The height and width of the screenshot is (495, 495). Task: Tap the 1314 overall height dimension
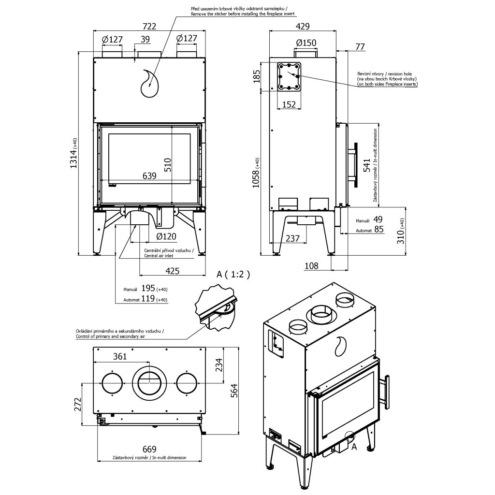click(x=73, y=154)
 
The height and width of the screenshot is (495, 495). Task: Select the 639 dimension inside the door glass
click(x=149, y=176)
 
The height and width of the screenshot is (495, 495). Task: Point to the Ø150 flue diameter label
click(x=306, y=43)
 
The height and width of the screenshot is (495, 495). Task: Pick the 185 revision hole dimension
click(x=257, y=76)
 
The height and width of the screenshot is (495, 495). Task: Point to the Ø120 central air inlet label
click(x=166, y=237)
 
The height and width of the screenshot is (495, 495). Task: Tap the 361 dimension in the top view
click(x=120, y=357)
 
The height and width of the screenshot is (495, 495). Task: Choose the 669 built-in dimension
click(x=148, y=450)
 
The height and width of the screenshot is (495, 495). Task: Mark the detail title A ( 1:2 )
click(x=233, y=275)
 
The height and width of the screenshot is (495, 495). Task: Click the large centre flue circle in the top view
click(x=149, y=382)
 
